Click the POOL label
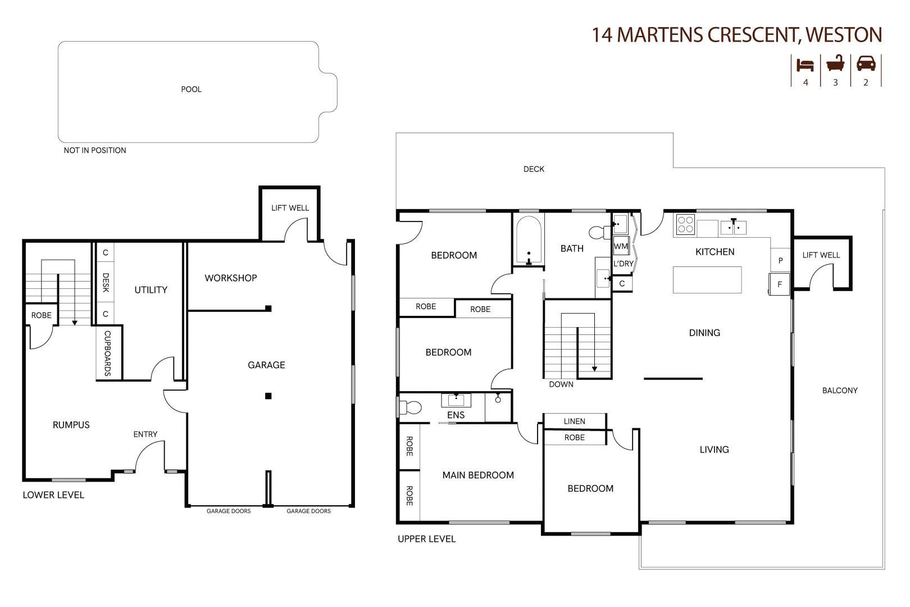(191, 89)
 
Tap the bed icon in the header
(805, 65)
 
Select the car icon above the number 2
(866, 64)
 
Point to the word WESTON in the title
(843, 35)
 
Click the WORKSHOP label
(230, 278)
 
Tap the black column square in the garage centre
(269, 396)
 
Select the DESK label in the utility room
(106, 283)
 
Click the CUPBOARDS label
(107, 354)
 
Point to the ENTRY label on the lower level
(145, 434)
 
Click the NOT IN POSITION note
(95, 151)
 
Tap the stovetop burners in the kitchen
(685, 225)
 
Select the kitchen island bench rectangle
(707, 280)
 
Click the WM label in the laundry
(621, 246)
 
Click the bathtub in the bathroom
(529, 240)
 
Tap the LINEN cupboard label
(574, 422)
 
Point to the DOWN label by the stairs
(561, 384)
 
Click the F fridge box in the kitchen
(779, 284)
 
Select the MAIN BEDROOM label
(478, 475)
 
